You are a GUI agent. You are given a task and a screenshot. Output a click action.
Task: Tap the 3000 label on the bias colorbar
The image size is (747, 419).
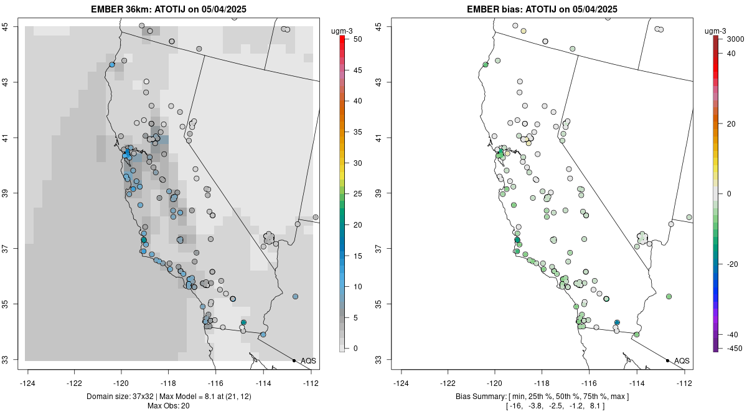735,39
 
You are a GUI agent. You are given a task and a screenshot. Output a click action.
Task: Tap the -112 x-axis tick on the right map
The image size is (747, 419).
684,383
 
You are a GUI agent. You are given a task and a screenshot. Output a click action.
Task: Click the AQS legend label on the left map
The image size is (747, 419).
308,361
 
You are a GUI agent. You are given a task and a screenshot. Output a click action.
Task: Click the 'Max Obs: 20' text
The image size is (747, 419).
168,407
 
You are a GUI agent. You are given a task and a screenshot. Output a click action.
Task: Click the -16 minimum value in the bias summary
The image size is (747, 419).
514,407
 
